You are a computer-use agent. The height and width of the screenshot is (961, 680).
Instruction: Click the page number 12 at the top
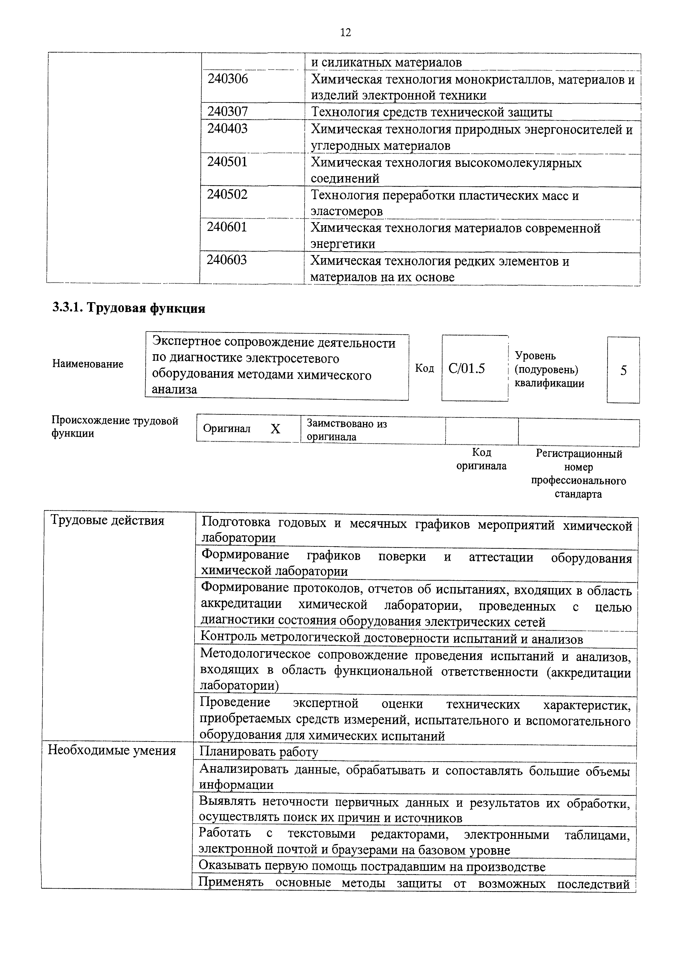click(345, 33)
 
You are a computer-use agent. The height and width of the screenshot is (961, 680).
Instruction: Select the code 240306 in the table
click(227, 79)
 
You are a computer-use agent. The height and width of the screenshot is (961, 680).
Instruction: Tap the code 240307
click(227, 111)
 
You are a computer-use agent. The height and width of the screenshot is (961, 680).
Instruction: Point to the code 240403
click(227, 128)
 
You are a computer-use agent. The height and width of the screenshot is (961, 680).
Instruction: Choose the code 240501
click(227, 162)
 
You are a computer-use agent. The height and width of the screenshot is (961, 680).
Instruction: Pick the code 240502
click(227, 195)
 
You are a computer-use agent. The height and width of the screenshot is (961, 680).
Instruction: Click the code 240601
click(227, 227)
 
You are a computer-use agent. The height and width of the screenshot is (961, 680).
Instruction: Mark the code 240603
click(227, 260)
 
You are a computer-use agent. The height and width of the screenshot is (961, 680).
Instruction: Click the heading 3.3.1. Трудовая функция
click(129, 308)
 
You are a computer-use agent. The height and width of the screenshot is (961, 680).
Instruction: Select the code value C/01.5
click(466, 369)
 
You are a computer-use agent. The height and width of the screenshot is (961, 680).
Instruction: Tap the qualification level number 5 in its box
click(623, 370)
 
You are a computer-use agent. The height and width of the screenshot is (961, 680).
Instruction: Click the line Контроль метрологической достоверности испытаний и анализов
click(392, 639)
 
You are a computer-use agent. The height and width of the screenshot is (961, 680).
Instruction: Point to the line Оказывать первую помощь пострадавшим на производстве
click(372, 866)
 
